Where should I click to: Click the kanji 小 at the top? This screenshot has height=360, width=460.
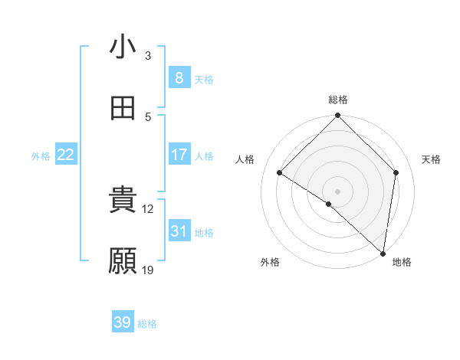pos(123,47)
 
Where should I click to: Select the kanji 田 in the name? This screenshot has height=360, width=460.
pos(123,109)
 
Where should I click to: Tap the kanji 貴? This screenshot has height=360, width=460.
pos(123,201)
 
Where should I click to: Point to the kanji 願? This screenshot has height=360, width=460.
pos(123,261)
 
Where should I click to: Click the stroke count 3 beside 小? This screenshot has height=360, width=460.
pos(148,55)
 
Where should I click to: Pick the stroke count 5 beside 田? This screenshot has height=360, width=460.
pos(148,116)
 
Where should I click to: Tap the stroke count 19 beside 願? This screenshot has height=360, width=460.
pos(148,270)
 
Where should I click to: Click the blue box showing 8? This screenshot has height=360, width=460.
pos(179,78)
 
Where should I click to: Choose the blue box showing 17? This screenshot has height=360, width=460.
pos(179,155)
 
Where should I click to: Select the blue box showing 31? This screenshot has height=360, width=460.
pos(179,231)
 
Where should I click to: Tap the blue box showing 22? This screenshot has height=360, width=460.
pos(66,155)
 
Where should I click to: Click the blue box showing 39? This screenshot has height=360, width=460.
pos(123,322)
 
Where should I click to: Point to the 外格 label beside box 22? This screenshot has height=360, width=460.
pos(41,155)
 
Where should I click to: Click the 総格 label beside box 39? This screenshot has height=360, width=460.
pos(147,324)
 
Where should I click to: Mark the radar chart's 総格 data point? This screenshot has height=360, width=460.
pos(337,116)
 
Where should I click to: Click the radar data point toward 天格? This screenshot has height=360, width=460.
pos(396,172)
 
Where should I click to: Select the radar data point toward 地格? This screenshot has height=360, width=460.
pos(383,254)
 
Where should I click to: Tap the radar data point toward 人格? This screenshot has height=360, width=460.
pos(280,173)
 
